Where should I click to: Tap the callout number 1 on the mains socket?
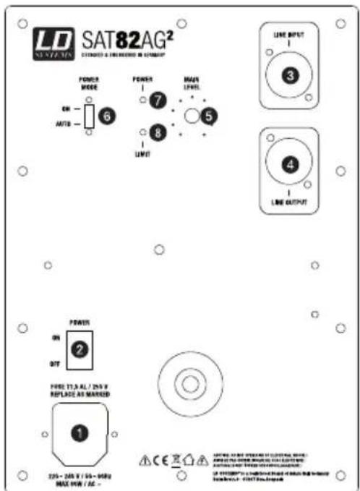79,434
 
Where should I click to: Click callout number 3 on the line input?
289,74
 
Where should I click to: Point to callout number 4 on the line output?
290,165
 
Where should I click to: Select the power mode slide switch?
89,115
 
